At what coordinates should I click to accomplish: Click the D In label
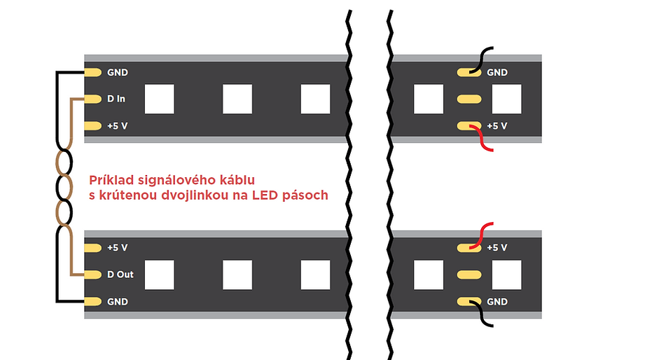(x=116, y=99)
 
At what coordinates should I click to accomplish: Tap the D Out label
(x=120, y=275)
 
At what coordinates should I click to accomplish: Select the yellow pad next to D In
(x=93, y=99)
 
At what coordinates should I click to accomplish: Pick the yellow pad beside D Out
(x=93, y=275)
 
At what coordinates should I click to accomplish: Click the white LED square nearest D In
(x=159, y=99)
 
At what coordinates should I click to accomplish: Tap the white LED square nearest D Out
(x=159, y=275)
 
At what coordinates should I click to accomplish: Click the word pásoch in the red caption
(x=305, y=195)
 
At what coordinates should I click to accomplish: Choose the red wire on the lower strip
(x=481, y=236)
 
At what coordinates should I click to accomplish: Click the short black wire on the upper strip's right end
(x=481, y=60)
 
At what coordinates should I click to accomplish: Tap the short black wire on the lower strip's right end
(x=481, y=314)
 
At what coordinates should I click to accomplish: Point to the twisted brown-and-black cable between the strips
(x=64, y=187)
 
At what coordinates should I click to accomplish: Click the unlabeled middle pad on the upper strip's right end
(x=469, y=99)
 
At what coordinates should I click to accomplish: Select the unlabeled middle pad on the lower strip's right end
(x=469, y=275)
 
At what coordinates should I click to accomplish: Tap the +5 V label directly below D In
(x=117, y=126)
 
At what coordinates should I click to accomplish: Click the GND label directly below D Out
(x=118, y=302)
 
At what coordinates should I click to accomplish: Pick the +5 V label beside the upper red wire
(x=497, y=126)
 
